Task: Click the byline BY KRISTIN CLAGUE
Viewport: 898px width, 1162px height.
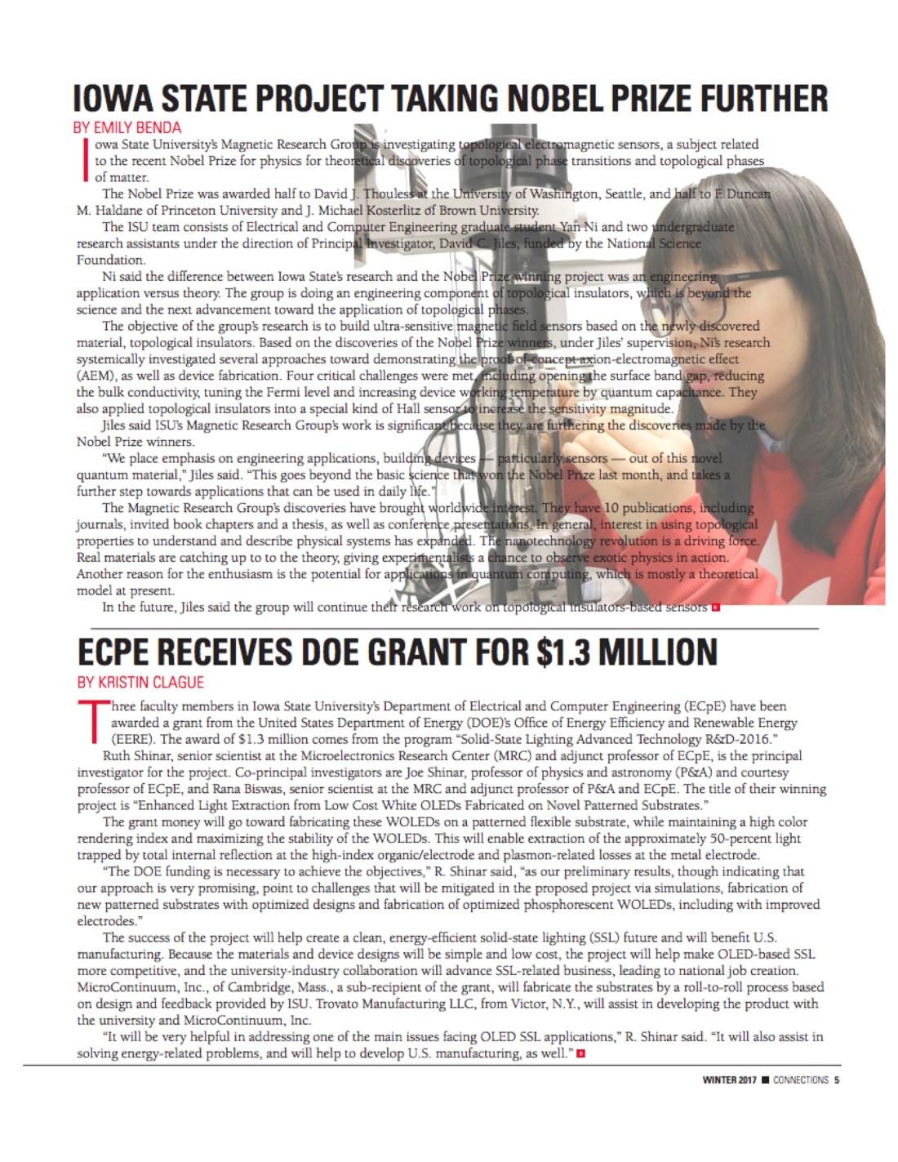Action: pos(140,682)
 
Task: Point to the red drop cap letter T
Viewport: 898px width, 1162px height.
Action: pos(92,722)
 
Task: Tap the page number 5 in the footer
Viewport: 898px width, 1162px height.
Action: pos(837,1080)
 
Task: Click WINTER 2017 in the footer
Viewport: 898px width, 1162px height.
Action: pos(729,1080)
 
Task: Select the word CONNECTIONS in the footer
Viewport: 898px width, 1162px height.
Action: pos(800,1080)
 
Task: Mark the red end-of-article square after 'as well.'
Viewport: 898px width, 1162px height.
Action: pos(580,1053)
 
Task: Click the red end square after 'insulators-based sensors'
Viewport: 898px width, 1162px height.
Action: pos(716,607)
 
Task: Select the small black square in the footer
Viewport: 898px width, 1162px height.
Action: pos(765,1080)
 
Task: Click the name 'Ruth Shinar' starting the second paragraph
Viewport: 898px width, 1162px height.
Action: pos(136,755)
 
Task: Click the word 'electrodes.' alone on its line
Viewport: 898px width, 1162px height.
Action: pos(106,921)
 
